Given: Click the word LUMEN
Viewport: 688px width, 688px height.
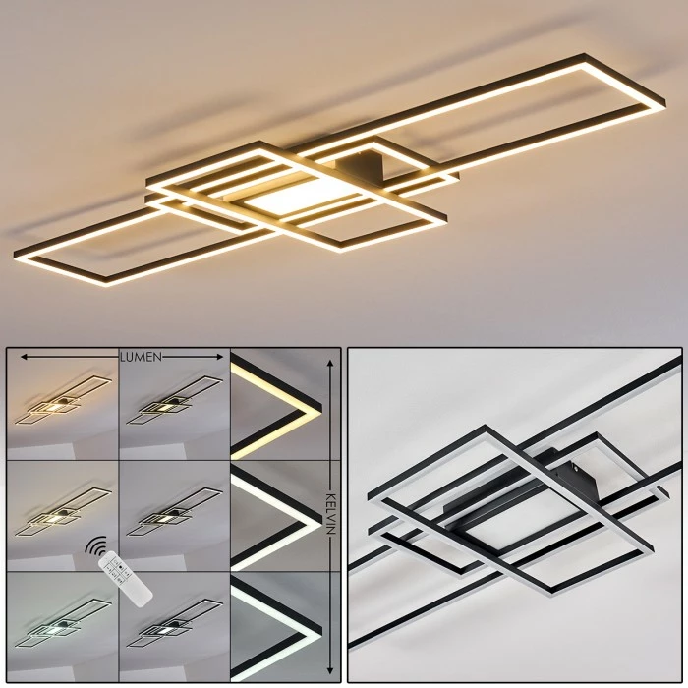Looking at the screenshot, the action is pyautogui.click(x=141, y=357).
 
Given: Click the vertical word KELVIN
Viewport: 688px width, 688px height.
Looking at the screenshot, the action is pyautogui.click(x=330, y=514).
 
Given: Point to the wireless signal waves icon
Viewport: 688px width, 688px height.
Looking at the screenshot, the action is pyautogui.click(x=95, y=545).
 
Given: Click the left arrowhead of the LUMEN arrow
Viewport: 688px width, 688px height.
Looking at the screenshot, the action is pyautogui.click(x=25, y=357).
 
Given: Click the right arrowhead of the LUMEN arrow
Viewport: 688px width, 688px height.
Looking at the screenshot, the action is pyautogui.click(x=219, y=357).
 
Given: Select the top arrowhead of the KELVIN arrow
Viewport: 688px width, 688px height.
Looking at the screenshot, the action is pyautogui.click(x=330, y=364).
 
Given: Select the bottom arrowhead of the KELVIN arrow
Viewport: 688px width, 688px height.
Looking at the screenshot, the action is pyautogui.click(x=330, y=671).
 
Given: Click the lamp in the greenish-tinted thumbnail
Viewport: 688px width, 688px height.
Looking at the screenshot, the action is pyautogui.click(x=63, y=622).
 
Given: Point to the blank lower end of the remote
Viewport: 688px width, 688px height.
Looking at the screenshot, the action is pyautogui.click(x=141, y=598).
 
